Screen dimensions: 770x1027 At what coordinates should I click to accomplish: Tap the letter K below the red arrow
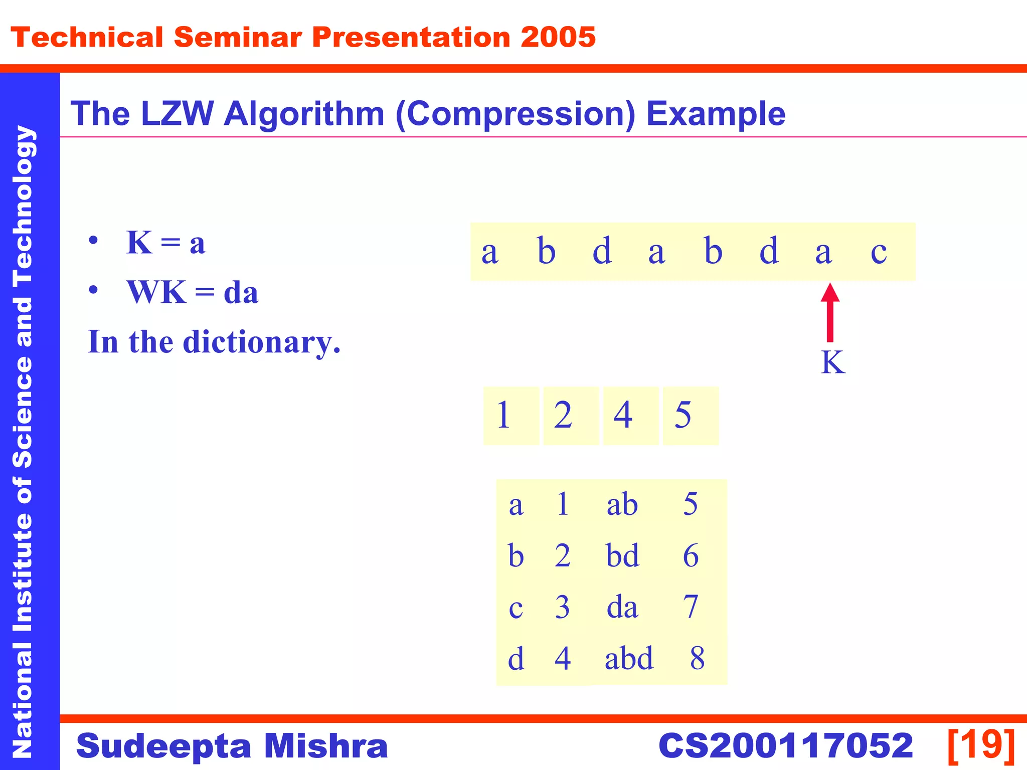(833, 362)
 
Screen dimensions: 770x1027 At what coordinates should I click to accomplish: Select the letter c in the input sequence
(879, 252)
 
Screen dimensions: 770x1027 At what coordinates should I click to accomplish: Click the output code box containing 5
(690, 416)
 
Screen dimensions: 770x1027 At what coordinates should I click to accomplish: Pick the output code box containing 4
(630, 416)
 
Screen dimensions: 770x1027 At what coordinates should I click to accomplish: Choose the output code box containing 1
(510, 416)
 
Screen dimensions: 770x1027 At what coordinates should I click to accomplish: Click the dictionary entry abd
(629, 658)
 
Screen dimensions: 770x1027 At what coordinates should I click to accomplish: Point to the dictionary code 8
(697, 658)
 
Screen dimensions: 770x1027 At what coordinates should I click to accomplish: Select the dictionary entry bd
(622, 556)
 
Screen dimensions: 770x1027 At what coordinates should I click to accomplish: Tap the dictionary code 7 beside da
(691, 607)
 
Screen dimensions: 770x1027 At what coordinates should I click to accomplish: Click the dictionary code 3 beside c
(562, 607)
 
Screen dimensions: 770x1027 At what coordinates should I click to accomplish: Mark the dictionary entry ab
(622, 504)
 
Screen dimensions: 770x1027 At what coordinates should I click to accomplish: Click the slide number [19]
(981, 745)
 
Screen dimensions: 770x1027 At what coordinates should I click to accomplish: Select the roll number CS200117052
(785, 745)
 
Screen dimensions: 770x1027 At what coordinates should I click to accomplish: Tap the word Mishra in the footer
(326, 745)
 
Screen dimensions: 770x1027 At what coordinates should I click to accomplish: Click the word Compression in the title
(516, 114)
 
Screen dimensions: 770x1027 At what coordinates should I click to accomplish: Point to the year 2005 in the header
(558, 38)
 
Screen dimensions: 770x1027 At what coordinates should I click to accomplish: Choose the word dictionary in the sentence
(261, 342)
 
